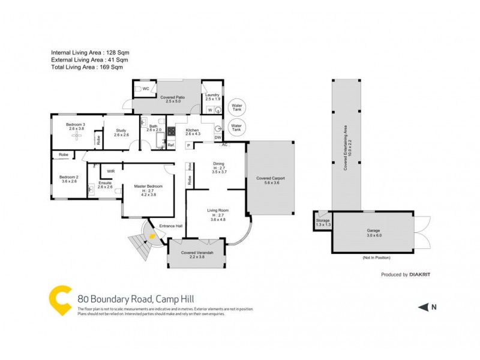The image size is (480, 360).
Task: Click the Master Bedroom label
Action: [x=147, y=187]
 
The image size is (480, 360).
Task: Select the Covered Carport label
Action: [x=271, y=178]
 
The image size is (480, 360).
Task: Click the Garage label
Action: [x=374, y=230]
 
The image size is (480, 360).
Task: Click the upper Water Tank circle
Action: [x=237, y=106]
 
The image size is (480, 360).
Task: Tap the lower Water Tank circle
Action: [x=237, y=127]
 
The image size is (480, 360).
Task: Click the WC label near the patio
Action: [x=146, y=89]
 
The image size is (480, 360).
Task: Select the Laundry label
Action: [x=212, y=95]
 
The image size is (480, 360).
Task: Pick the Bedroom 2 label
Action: [x=68, y=177]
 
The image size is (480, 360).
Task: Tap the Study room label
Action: [x=121, y=130]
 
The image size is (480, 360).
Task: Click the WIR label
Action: [x=111, y=171]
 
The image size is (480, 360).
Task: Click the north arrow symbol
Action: [x=424, y=307]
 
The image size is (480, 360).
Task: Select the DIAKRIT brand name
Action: [x=421, y=275]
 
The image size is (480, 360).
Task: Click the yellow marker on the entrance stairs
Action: [x=152, y=236]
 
